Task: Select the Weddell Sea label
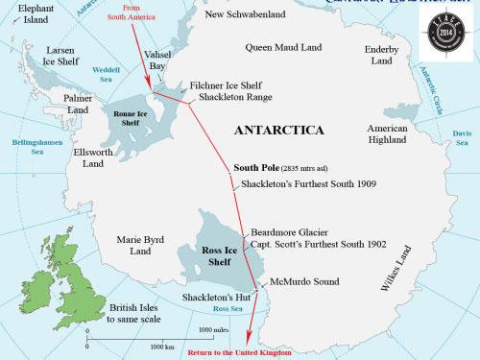pos(105,75)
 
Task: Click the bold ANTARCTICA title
pos(278,129)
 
